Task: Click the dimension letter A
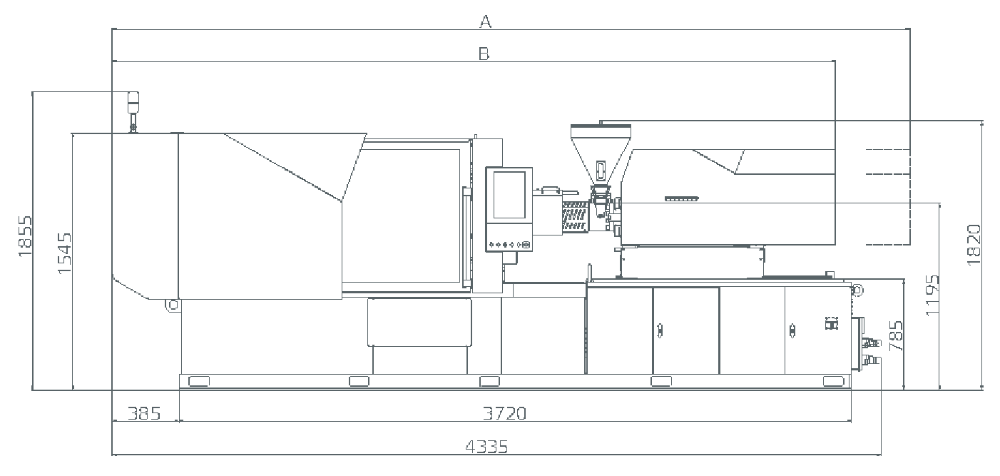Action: [485, 21]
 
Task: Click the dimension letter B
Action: [484, 54]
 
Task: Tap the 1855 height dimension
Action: [25, 236]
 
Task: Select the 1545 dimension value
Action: [64, 253]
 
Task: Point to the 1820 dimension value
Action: [974, 245]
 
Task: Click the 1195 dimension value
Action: [932, 295]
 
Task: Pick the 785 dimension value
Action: [896, 335]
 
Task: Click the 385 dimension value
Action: [144, 414]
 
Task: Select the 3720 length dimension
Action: [504, 413]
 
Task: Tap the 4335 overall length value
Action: [486, 447]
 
